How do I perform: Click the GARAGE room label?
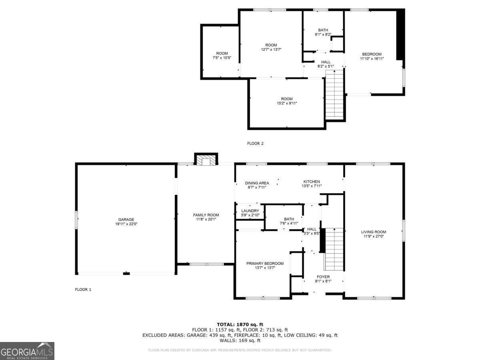(126, 220)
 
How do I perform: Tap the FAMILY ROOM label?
(206, 215)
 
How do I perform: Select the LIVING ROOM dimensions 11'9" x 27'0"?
(374, 236)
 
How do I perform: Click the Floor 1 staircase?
(334, 249)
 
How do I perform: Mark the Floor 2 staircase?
(334, 95)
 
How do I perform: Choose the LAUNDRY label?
(250, 211)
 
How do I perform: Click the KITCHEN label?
(312, 182)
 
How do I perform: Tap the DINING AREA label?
(257, 183)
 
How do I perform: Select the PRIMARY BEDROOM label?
(265, 264)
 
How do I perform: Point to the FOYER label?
(323, 277)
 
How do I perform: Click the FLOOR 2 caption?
(255, 144)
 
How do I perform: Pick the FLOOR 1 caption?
(83, 290)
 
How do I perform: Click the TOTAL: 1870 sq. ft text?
(240, 324)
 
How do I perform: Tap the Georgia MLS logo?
(27, 351)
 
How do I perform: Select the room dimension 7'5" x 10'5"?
(222, 58)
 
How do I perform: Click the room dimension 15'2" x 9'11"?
(287, 103)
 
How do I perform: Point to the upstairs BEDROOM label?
(372, 54)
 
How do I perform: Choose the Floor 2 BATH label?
(323, 30)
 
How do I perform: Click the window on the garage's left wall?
(76, 220)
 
